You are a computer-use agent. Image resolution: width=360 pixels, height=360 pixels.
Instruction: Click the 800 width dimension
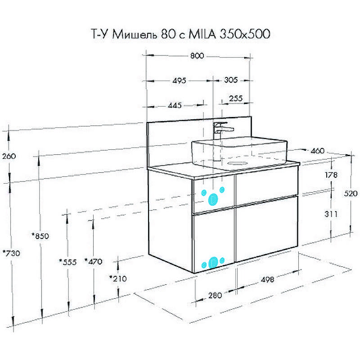coord(197,56)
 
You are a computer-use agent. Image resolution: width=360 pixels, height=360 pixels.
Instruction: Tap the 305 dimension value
coord(230,81)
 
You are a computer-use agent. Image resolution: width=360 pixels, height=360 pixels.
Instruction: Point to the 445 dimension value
coord(175,106)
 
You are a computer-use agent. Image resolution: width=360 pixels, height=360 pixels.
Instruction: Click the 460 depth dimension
coord(317,151)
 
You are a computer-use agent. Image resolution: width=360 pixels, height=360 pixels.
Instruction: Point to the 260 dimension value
coord(9,157)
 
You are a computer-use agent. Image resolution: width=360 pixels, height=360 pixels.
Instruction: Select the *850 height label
coord(40,236)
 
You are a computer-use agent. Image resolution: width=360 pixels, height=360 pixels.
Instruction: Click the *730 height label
coord(11,253)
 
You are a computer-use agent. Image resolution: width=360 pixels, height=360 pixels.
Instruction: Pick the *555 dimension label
coord(67,261)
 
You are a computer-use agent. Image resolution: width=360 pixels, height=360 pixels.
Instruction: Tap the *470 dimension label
coord(93,261)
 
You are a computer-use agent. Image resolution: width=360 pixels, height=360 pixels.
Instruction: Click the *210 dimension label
coord(118,279)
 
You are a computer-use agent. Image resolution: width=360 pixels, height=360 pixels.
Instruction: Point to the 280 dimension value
coord(215,295)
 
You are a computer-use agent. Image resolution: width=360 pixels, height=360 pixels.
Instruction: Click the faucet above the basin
coord(222,128)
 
